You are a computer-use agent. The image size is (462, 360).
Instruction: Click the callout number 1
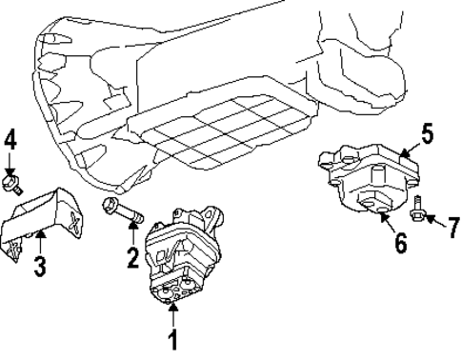pos(172,337)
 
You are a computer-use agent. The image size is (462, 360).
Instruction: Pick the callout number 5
pos(428,133)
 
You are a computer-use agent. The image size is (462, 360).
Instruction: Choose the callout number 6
pos(400,243)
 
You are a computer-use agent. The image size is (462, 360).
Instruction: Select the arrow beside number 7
pos(433,221)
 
